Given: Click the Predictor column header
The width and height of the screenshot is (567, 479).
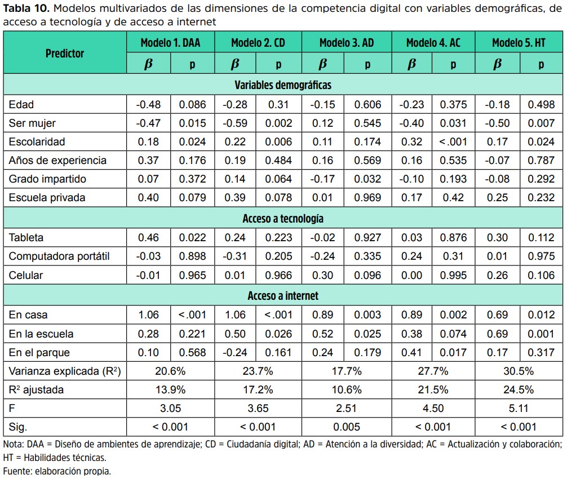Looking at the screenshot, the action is click(65, 54).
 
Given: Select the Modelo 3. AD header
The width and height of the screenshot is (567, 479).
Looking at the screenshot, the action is click(347, 43).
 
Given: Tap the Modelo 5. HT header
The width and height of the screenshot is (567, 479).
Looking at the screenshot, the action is click(519, 43).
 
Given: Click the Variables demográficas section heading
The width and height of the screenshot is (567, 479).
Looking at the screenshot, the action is click(283, 85).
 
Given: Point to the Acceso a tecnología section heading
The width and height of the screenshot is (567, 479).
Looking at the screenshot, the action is click(283, 218).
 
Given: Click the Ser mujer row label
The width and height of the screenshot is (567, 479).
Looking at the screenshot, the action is click(32, 123).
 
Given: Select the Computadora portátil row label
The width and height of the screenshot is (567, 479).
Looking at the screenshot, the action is click(59, 256).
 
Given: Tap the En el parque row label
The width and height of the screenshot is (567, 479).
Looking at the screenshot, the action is click(39, 352).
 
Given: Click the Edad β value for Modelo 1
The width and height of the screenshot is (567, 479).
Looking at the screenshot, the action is click(148, 105).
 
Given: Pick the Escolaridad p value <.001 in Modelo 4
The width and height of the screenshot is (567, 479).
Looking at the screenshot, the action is click(453, 141).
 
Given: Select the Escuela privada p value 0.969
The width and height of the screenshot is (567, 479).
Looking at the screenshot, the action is click(367, 198).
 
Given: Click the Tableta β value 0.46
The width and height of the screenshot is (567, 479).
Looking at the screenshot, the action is click(148, 237).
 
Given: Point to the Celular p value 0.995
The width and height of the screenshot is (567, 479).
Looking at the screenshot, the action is click(453, 276).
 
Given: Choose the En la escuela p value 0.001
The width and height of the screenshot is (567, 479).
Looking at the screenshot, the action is click(541, 334).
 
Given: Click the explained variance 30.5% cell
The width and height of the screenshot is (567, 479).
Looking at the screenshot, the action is click(519, 371).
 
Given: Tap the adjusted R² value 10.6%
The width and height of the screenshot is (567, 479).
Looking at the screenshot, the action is click(347, 390).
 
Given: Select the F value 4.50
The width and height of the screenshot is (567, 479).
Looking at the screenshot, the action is click(433, 409).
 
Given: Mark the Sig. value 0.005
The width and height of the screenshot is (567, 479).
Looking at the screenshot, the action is click(347, 427).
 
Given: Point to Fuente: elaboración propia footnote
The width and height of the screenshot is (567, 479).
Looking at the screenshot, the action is click(57, 472).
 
